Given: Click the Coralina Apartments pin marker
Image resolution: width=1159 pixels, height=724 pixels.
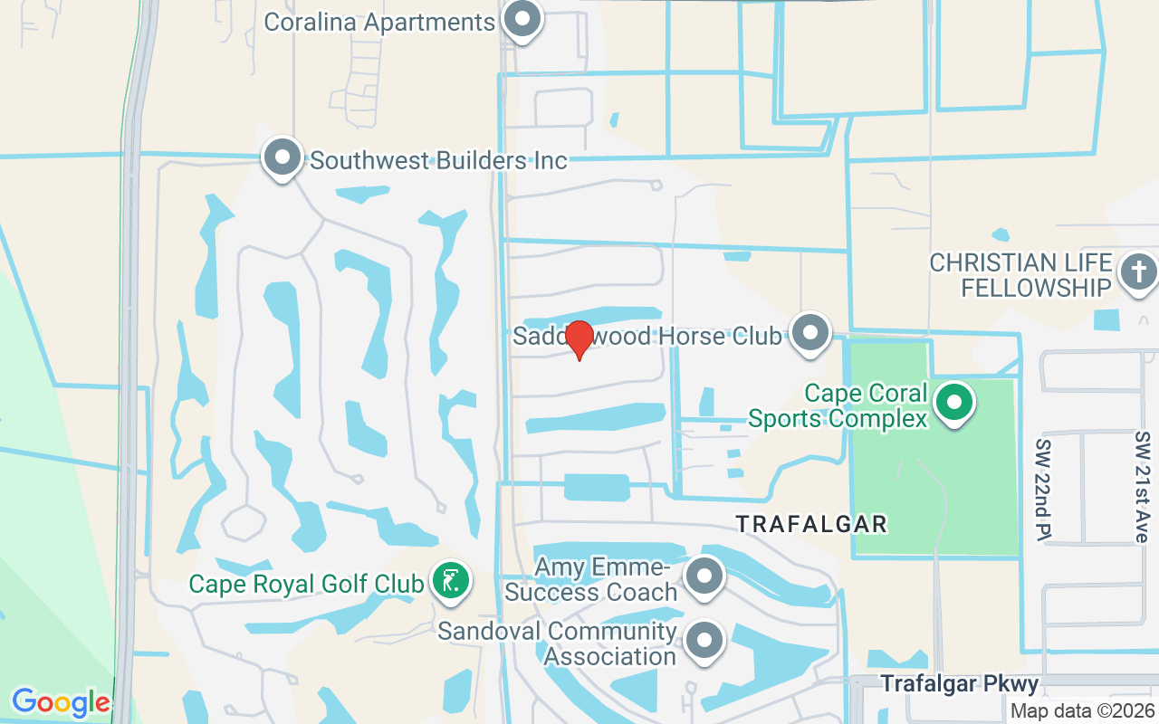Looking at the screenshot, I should tap(522, 20).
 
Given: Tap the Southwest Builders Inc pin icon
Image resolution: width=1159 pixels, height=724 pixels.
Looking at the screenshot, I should tap(282, 158).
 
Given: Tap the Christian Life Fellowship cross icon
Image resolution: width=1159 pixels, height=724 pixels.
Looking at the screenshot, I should tap(1138, 271).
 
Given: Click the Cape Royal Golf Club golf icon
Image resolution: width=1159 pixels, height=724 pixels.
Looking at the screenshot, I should tap(450, 580).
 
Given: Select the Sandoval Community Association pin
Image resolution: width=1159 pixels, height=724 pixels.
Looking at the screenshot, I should tap(704, 641).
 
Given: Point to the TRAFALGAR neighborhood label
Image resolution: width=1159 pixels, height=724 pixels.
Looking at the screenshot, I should tap(810, 524).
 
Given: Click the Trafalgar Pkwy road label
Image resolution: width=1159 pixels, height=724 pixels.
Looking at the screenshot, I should tap(960, 683).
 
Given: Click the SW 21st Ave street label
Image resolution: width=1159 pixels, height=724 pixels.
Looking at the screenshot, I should tap(1142, 487).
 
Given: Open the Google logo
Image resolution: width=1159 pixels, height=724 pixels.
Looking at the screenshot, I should tap(61, 701).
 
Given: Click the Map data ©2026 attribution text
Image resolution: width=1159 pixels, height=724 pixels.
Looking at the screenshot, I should tap(1082, 710).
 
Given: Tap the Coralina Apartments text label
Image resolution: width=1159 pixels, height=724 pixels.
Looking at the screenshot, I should tap(379, 22).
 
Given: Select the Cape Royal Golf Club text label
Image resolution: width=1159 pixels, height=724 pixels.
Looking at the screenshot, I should tap(306, 584).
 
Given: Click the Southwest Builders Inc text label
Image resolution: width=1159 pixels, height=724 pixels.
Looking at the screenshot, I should tap(438, 161).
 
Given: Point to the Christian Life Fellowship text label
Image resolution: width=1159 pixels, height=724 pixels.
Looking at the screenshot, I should tap(1020, 275).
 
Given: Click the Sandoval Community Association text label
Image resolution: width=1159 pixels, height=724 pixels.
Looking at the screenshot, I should tap(557, 643).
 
